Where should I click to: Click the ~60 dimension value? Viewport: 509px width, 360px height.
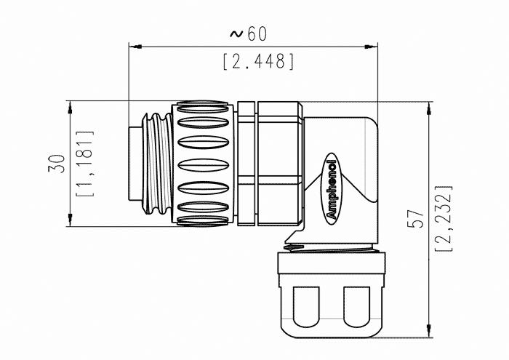coord(249,33)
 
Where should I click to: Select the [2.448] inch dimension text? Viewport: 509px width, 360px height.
coord(259,61)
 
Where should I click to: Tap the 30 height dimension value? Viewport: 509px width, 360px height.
coord(57,164)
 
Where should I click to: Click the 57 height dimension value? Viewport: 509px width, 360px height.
coord(416,217)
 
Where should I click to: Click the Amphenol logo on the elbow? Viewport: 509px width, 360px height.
coord(332,189)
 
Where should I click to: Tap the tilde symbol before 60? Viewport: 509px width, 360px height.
coord(236,33)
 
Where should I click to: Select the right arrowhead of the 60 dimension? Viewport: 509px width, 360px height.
coord(371,47)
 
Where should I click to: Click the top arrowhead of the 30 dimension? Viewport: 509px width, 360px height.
coord(70,107)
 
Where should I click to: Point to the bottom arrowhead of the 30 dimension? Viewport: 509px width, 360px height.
coord(70,220)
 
